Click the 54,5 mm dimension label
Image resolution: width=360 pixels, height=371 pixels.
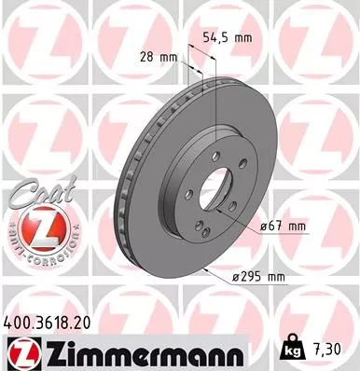point(228,38)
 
